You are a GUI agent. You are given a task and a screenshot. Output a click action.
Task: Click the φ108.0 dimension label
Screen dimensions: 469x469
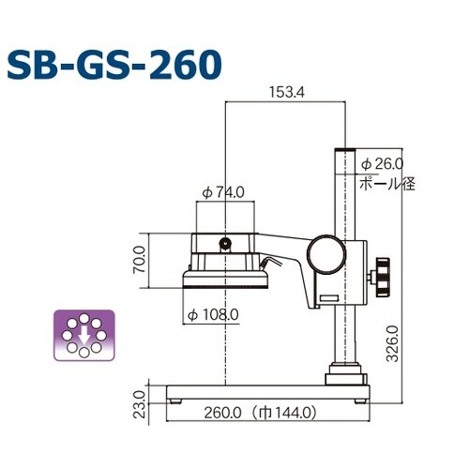(x=213, y=313)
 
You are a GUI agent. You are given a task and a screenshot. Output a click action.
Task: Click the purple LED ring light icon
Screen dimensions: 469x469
(x=84, y=334)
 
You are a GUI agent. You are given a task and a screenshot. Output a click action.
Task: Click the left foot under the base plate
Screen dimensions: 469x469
(x=177, y=399)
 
